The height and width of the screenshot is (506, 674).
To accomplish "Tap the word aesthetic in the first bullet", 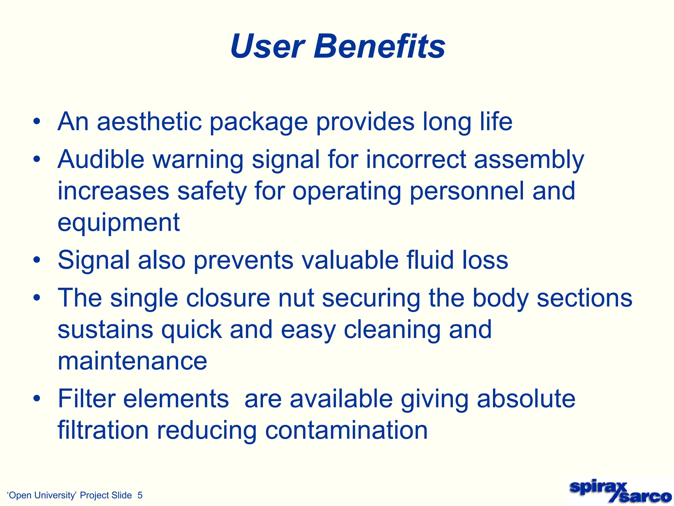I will click(149, 122).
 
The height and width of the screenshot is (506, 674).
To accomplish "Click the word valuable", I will click(350, 260).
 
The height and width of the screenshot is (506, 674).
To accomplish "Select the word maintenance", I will click(132, 361).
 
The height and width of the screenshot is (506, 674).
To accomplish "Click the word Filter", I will click(86, 399).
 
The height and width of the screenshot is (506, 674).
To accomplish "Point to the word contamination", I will click(346, 430).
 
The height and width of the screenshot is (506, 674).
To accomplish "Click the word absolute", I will click(526, 399).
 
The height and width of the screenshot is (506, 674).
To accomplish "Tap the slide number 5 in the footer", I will click(140, 495).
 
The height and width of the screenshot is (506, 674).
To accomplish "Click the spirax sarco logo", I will click(620, 492).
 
